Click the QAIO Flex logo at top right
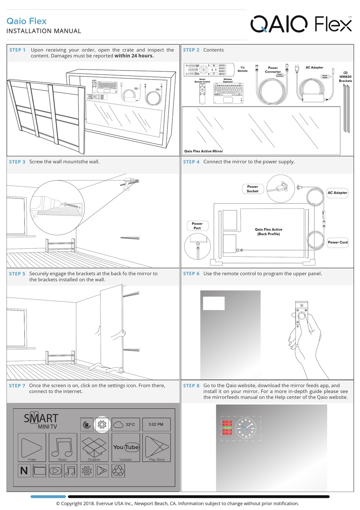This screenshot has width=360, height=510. pyautogui.click(x=301, y=24)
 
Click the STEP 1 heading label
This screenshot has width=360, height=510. pyautogui.click(x=17, y=50)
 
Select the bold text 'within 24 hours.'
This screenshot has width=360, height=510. pyautogui.click(x=134, y=56)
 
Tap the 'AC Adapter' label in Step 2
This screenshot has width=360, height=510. pyautogui.click(x=314, y=67)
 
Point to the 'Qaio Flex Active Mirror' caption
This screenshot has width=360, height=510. pyautogui.click(x=203, y=151)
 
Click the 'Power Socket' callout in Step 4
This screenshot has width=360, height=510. pyautogui.click(x=252, y=189)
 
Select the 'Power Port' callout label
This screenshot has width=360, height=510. pyautogui.click(x=197, y=226)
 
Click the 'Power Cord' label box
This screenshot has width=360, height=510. pyautogui.click(x=338, y=242)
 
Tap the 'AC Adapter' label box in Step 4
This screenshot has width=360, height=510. pyautogui.click(x=337, y=193)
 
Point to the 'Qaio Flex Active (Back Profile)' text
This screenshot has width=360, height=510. pyautogui.click(x=268, y=232)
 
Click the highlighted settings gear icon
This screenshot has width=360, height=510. pyautogui.click(x=102, y=424)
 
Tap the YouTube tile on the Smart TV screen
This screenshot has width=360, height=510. pyautogui.click(x=126, y=448)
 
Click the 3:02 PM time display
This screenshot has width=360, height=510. pyautogui.click(x=156, y=424)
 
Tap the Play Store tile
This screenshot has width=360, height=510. pyautogui.click(x=157, y=448)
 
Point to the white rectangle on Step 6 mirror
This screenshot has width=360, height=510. pyautogui.click(x=214, y=303)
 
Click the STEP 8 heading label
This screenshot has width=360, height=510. pyautogui.click(x=191, y=386)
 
